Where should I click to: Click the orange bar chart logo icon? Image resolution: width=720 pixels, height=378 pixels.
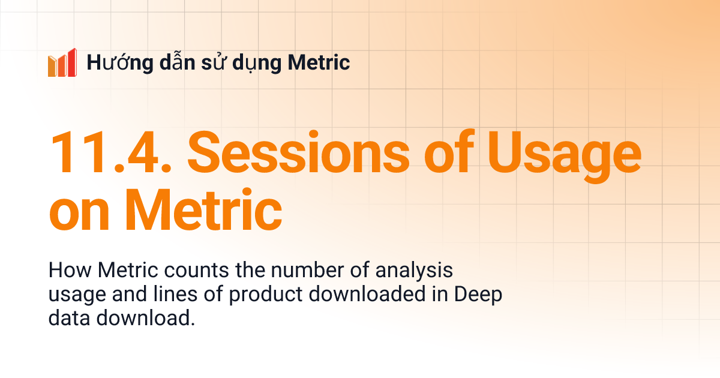point(62,62)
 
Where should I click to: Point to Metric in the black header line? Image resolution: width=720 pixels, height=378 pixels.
point(319,62)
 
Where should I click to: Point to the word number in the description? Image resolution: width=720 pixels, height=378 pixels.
point(289,271)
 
